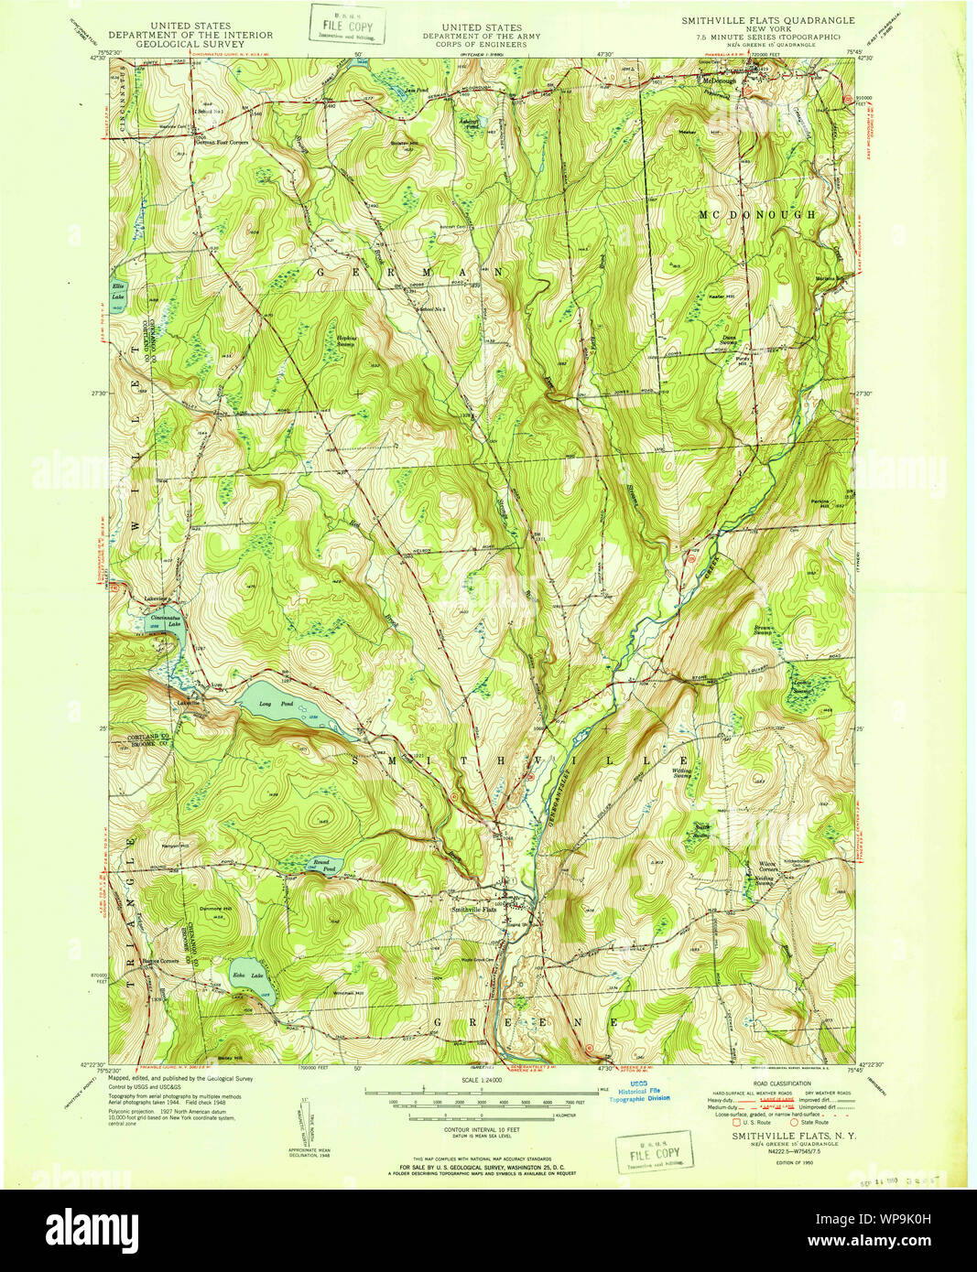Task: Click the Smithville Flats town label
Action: point(473,910)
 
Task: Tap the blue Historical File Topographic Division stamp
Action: point(644,1093)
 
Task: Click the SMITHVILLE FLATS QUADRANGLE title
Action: point(767,20)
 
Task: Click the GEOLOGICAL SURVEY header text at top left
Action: point(190,43)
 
